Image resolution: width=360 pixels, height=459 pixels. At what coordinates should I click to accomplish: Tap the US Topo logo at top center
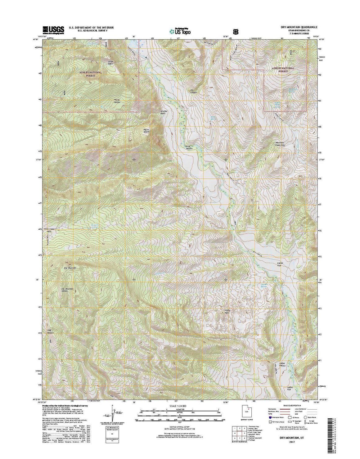click(180, 31)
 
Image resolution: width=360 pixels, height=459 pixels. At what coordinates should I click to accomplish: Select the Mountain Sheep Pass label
click(280, 143)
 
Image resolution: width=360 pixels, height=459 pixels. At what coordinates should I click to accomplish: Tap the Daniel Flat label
click(281, 264)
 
